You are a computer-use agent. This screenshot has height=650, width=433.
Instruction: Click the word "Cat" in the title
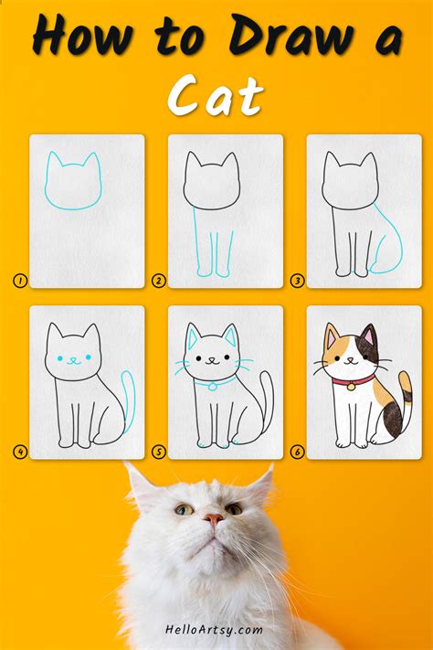click(216, 94)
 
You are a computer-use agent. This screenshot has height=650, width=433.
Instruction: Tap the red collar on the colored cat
click(353, 380)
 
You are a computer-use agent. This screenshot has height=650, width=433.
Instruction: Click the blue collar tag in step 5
click(212, 387)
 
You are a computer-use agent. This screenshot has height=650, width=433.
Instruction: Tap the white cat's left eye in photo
click(185, 509)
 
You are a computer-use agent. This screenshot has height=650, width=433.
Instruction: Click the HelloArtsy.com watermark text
click(216, 630)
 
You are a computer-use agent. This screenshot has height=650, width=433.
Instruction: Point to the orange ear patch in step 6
click(332, 341)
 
